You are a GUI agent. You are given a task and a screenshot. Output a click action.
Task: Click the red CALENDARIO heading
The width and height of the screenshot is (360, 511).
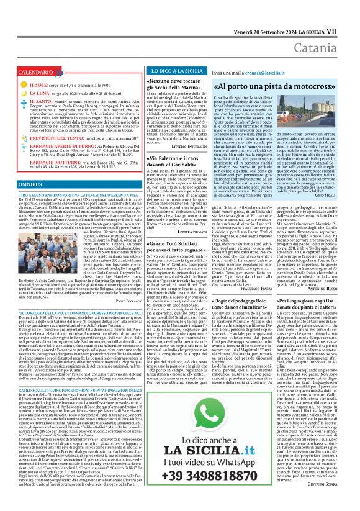point(36,73)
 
